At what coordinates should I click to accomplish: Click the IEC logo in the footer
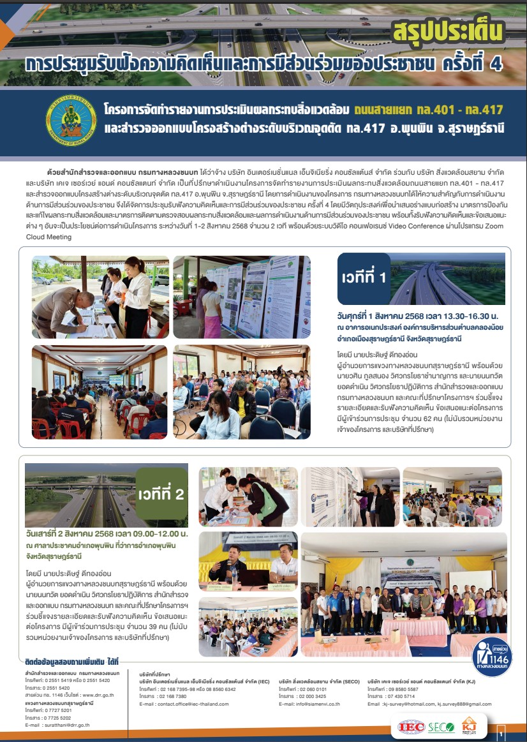pos(409,726)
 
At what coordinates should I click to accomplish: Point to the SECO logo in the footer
pos(441,726)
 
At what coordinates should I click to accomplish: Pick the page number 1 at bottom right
pos(501,734)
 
